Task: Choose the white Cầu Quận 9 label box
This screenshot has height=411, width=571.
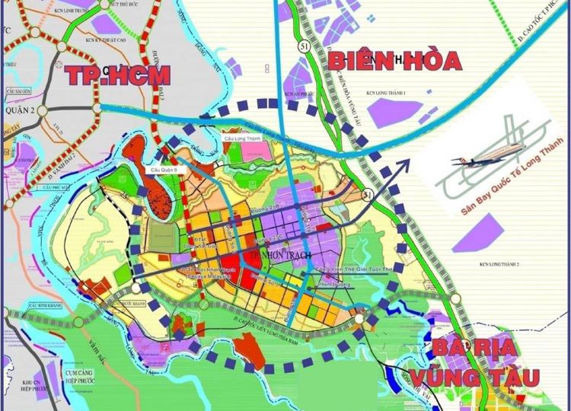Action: click(167, 168)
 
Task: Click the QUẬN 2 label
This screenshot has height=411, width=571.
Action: click(19, 110)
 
